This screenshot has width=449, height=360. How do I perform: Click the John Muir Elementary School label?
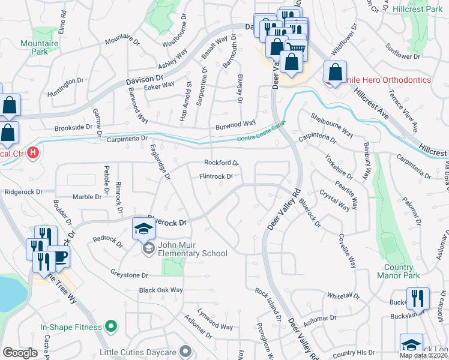192,249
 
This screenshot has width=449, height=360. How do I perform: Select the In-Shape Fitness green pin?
110,326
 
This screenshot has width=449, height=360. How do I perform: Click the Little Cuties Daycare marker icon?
185,350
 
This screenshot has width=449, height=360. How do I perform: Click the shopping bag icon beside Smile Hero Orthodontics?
335,72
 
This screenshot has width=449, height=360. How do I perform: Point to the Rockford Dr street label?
221,163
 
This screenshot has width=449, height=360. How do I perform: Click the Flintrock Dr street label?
216,176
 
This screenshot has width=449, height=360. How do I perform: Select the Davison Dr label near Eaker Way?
145,79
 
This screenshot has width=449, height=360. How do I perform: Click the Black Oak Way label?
160,290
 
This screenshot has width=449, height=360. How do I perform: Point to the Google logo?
20,352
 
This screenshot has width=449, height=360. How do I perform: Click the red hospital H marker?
33,153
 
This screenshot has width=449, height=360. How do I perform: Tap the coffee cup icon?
59,256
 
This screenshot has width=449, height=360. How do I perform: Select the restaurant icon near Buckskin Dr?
418,298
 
